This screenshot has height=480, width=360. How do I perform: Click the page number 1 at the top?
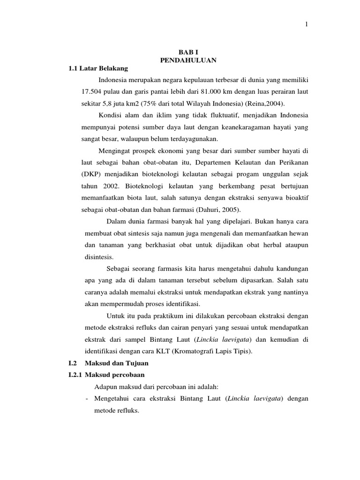pyautogui.click(x=307, y=25)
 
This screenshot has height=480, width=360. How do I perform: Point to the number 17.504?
pyautogui.click(x=92, y=90)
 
